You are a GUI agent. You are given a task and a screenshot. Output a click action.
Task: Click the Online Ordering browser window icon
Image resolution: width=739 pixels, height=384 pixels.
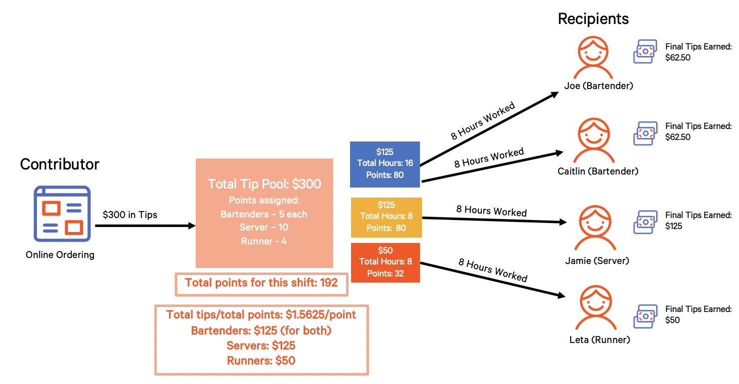(62, 213)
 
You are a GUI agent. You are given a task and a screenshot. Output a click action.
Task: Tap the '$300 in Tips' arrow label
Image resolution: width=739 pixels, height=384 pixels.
(130, 215)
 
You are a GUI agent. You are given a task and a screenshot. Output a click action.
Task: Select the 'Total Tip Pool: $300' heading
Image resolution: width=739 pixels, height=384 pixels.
(264, 184)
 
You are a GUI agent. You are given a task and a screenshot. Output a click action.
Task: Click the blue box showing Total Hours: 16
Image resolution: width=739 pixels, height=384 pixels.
(384, 163)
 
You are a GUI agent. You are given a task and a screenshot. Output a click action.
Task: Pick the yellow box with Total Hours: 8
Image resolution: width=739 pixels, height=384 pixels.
(386, 216)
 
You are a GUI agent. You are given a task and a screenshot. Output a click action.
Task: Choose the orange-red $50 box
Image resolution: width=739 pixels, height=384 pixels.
(384, 262)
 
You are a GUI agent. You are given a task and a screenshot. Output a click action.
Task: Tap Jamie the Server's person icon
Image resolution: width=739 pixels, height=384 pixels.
(594, 229)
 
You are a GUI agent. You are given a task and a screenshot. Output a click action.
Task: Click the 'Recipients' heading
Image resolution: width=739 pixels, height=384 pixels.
(593, 19)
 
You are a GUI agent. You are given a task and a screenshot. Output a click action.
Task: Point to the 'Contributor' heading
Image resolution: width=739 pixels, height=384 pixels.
(59, 164)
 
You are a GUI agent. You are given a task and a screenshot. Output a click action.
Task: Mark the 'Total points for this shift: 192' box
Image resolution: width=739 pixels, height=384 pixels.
(261, 283)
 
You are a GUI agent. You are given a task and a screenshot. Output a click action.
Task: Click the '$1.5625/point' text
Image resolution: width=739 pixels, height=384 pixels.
(321, 314)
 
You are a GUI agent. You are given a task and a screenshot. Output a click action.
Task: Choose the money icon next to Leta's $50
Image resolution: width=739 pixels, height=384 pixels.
(645, 316)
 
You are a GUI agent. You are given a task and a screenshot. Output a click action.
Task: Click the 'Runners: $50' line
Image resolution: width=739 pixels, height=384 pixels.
(261, 360)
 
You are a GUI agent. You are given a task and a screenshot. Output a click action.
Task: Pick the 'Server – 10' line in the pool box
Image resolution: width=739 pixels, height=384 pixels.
(264, 227)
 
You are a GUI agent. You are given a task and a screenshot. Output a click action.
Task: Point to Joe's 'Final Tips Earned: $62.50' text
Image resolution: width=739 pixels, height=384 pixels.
(698, 52)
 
